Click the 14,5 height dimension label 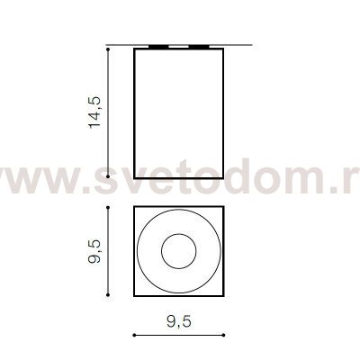tap(95, 112)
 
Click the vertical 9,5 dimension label tap(95, 252)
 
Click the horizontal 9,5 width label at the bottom tap(179, 322)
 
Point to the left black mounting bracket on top tap(158, 47)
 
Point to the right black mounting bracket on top tap(199, 47)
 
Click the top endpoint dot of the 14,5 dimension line tap(108, 49)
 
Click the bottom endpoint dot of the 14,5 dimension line tap(108, 176)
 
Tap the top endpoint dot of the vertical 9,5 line tap(108, 207)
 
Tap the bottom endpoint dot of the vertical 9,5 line tap(108, 295)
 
